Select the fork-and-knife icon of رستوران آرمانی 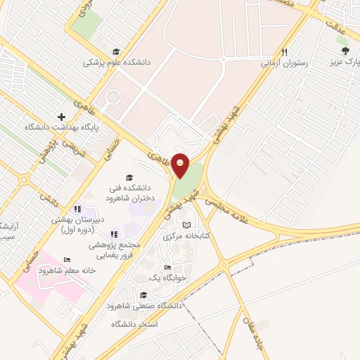pos(284,52)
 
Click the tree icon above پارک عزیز pos(345,51)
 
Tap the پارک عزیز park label pos(345,62)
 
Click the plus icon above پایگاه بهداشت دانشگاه pos(61,117)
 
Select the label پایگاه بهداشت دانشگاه pos(63,128)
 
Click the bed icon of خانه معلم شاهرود pos(67,260)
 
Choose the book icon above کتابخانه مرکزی pos(186,225)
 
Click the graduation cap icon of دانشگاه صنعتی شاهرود pos(143,295)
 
